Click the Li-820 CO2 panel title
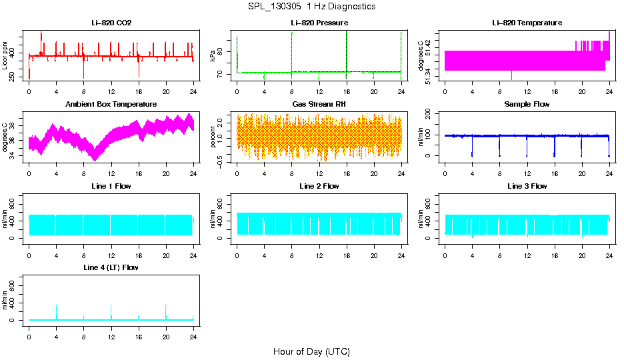111,23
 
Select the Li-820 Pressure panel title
319,23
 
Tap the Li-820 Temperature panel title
527,23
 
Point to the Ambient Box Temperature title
111,104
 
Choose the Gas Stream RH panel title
319,104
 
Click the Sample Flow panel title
527,104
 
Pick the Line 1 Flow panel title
111,186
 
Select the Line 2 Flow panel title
319,186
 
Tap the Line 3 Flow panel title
527,186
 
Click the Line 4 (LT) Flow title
111,267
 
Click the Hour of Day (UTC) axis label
311,351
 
